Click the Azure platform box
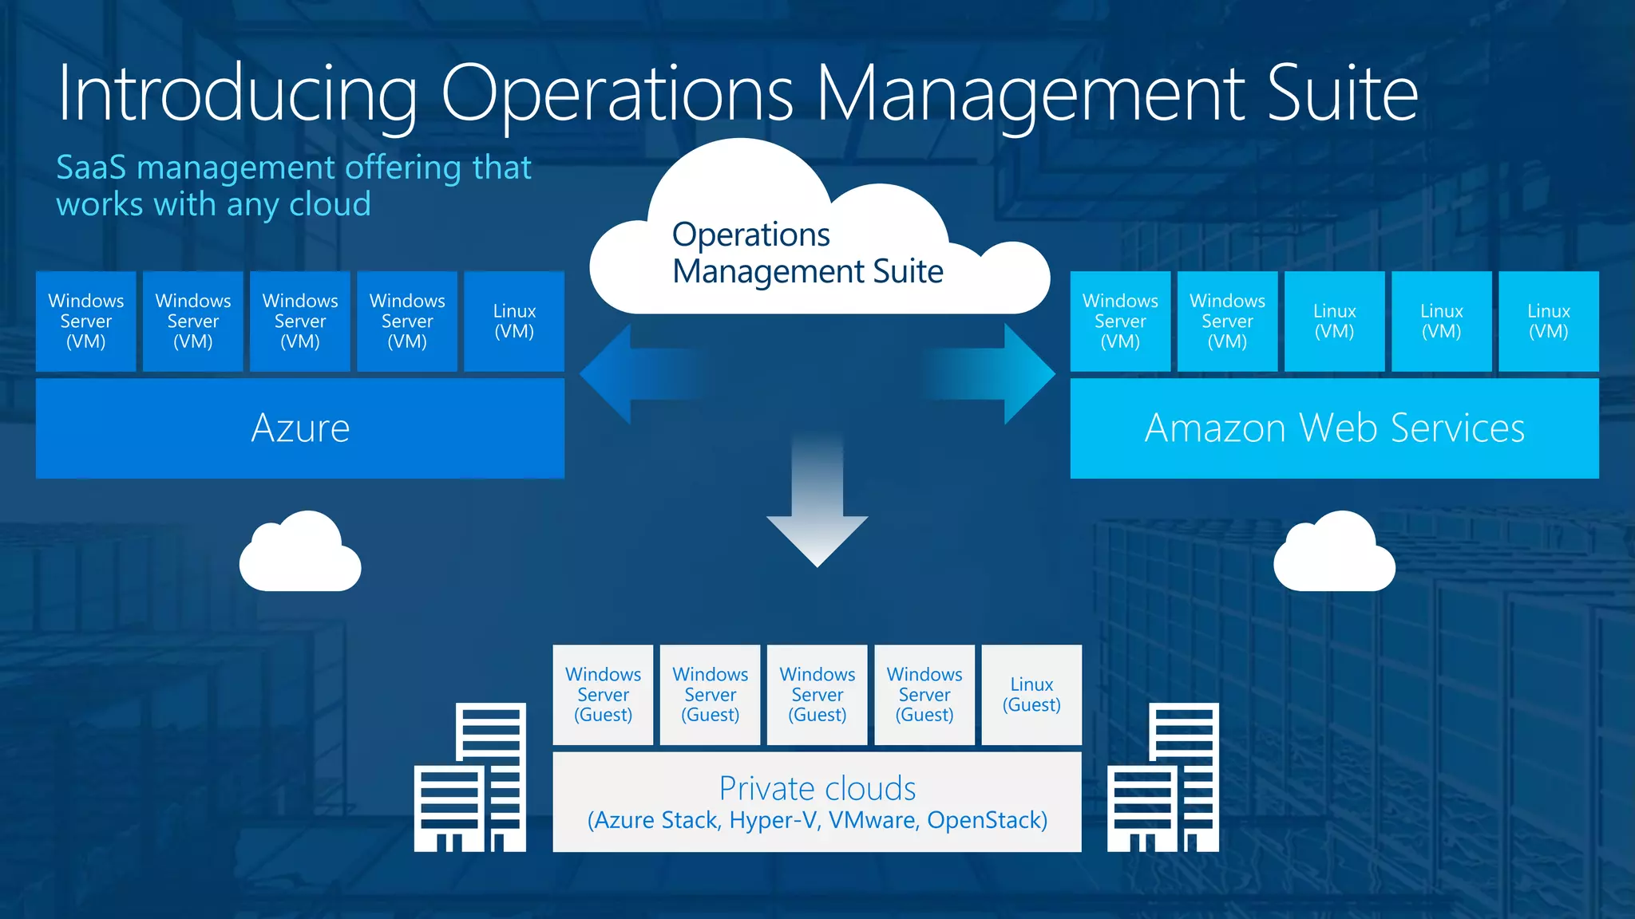[300, 428]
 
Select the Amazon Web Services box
[1334, 428]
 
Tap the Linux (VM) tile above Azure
[514, 321]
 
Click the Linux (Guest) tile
[1031, 695]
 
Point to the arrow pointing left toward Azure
[631, 373]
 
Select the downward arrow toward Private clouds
[817, 511]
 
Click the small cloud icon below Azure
[300, 554]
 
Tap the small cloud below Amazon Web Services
[1334, 554]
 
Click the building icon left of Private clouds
[470, 778]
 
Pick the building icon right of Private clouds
[1163, 778]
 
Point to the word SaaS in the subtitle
[91, 168]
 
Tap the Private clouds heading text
[817, 788]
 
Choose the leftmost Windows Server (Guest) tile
[603, 695]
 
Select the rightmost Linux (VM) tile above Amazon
[1548, 321]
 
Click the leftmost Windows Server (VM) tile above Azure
[86, 321]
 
